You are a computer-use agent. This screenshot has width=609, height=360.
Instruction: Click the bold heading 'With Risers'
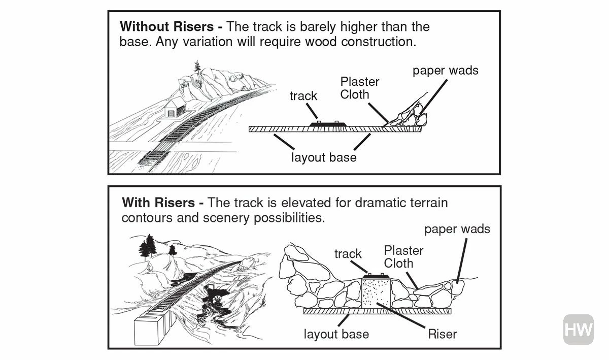[x=158, y=203]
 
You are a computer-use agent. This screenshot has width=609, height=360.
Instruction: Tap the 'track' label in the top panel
[x=303, y=96]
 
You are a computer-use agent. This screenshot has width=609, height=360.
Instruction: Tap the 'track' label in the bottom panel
[x=348, y=254]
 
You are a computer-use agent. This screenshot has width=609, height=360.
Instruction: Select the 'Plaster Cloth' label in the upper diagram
[x=360, y=88]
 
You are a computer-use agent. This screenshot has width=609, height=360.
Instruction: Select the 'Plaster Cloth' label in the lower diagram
[x=403, y=256]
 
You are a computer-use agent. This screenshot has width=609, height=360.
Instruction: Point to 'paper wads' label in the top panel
[x=445, y=71]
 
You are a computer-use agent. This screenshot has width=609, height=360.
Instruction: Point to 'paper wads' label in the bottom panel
[x=457, y=230]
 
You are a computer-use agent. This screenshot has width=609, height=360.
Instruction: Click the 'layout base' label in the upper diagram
[x=323, y=157]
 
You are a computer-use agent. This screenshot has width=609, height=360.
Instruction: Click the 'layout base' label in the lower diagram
[x=336, y=334]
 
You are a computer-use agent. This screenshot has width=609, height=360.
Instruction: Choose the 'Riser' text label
[x=442, y=334]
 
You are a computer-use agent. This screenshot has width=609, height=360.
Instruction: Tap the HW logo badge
[x=578, y=330]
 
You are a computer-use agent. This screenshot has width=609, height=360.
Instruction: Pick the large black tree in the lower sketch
[x=148, y=247]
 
